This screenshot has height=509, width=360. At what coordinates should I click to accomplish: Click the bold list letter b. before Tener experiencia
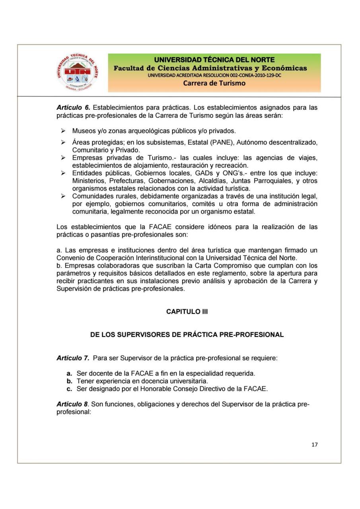(x=69, y=381)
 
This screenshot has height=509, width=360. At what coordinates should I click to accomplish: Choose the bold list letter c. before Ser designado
(x=69, y=388)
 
